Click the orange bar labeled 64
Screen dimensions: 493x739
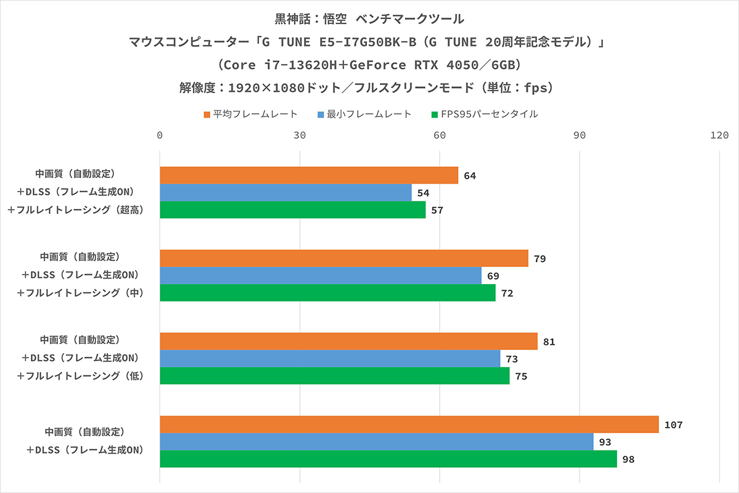click(309, 176)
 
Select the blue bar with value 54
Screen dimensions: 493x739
click(285, 193)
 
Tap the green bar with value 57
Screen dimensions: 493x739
click(293, 210)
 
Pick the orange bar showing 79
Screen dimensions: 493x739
click(344, 258)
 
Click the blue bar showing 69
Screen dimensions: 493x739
click(320, 275)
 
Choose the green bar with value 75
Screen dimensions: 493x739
click(334, 376)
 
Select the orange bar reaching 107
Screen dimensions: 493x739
click(409, 425)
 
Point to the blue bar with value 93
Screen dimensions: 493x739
click(376, 442)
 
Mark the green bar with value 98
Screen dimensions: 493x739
click(388, 459)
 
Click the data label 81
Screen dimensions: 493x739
click(549, 342)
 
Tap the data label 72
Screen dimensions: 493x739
click(507, 293)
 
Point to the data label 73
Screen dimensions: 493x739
click(512, 359)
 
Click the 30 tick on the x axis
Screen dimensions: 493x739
click(300, 136)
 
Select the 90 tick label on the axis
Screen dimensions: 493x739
click(579, 136)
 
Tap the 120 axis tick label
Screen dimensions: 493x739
click(719, 136)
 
